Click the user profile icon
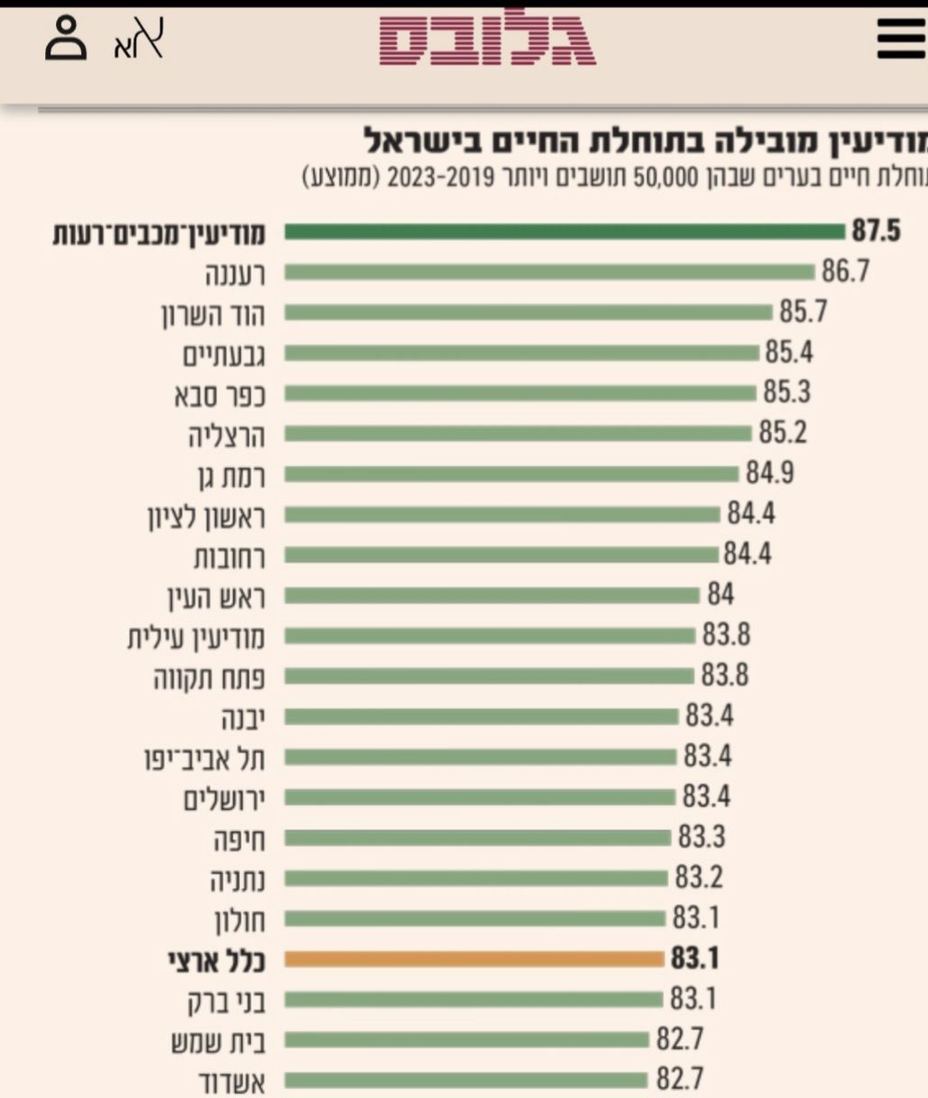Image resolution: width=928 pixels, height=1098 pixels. (x=66, y=41)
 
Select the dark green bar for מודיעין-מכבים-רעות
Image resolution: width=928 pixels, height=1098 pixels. (x=565, y=233)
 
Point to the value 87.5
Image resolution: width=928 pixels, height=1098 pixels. (x=876, y=231)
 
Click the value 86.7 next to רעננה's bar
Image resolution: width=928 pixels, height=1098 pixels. (x=845, y=272)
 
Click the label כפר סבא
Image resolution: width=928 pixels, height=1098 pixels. (x=219, y=394)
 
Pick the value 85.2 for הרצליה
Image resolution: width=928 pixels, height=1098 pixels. (x=782, y=434)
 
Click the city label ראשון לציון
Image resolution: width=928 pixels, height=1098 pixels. (x=207, y=517)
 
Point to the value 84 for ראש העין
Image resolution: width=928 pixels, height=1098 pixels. (x=721, y=595)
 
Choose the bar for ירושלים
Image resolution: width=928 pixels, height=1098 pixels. (x=481, y=798)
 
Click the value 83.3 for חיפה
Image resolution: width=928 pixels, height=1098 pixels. (x=701, y=837)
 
